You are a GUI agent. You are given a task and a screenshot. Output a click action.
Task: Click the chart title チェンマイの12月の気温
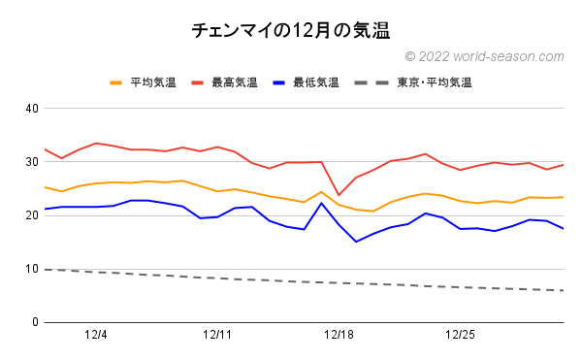coord(291,31)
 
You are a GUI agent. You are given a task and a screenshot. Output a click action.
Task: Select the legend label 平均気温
coord(154,82)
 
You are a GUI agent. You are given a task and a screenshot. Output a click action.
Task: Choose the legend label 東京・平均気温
coord(434,82)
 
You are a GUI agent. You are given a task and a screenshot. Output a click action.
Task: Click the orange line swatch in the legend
coord(117,82)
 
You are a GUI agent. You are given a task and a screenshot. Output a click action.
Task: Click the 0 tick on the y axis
coord(34,322)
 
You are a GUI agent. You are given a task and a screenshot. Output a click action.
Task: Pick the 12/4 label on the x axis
coord(96,336)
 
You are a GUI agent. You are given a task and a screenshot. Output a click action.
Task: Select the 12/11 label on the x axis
coord(217,336)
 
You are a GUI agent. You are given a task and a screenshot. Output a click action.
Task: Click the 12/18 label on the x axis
coord(339,336)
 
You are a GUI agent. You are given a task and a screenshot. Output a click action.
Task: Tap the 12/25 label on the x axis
coord(460,336)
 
